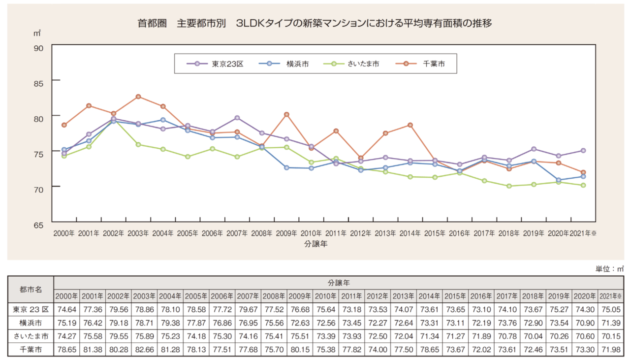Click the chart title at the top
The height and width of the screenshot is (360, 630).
[315, 23]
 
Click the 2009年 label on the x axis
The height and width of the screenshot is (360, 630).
[286, 233]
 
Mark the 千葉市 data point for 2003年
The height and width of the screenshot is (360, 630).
[138, 97]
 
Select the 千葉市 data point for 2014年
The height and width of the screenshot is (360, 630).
[410, 125]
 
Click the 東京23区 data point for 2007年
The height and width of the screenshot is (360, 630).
[237, 118]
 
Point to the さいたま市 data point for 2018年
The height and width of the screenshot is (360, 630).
[509, 186]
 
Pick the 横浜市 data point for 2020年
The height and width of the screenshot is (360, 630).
[558, 180]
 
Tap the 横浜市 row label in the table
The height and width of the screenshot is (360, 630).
[31, 323]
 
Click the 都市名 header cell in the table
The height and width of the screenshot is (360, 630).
[31, 290]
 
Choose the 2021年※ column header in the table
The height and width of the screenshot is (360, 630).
[610, 296]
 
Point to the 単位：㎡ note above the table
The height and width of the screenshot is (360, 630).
[609, 269]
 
